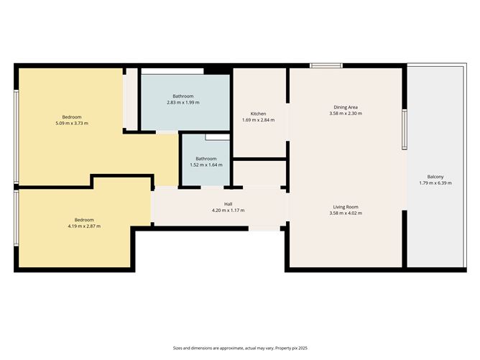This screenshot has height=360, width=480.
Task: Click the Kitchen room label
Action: (x=259, y=114)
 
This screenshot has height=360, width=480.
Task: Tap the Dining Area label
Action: (x=346, y=107)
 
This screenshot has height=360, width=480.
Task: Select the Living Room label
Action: (x=346, y=207)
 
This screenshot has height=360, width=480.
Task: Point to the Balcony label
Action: (x=435, y=177)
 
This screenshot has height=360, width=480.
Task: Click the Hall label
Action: (x=228, y=204)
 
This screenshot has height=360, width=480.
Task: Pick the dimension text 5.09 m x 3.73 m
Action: (x=72, y=124)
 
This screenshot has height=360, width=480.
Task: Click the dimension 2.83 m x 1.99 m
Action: (x=183, y=103)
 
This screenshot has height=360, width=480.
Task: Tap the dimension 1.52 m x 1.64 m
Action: (x=206, y=165)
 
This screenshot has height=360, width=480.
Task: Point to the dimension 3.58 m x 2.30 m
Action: (x=346, y=114)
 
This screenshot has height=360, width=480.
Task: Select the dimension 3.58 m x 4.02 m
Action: (x=346, y=213)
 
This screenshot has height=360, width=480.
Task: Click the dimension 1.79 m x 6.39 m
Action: (x=435, y=183)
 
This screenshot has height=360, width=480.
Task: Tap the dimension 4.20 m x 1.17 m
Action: (x=228, y=211)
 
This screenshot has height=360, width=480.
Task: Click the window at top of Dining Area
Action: (x=326, y=66)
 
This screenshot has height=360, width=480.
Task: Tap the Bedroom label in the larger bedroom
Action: (x=72, y=117)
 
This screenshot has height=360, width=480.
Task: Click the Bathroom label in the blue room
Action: (x=183, y=96)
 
